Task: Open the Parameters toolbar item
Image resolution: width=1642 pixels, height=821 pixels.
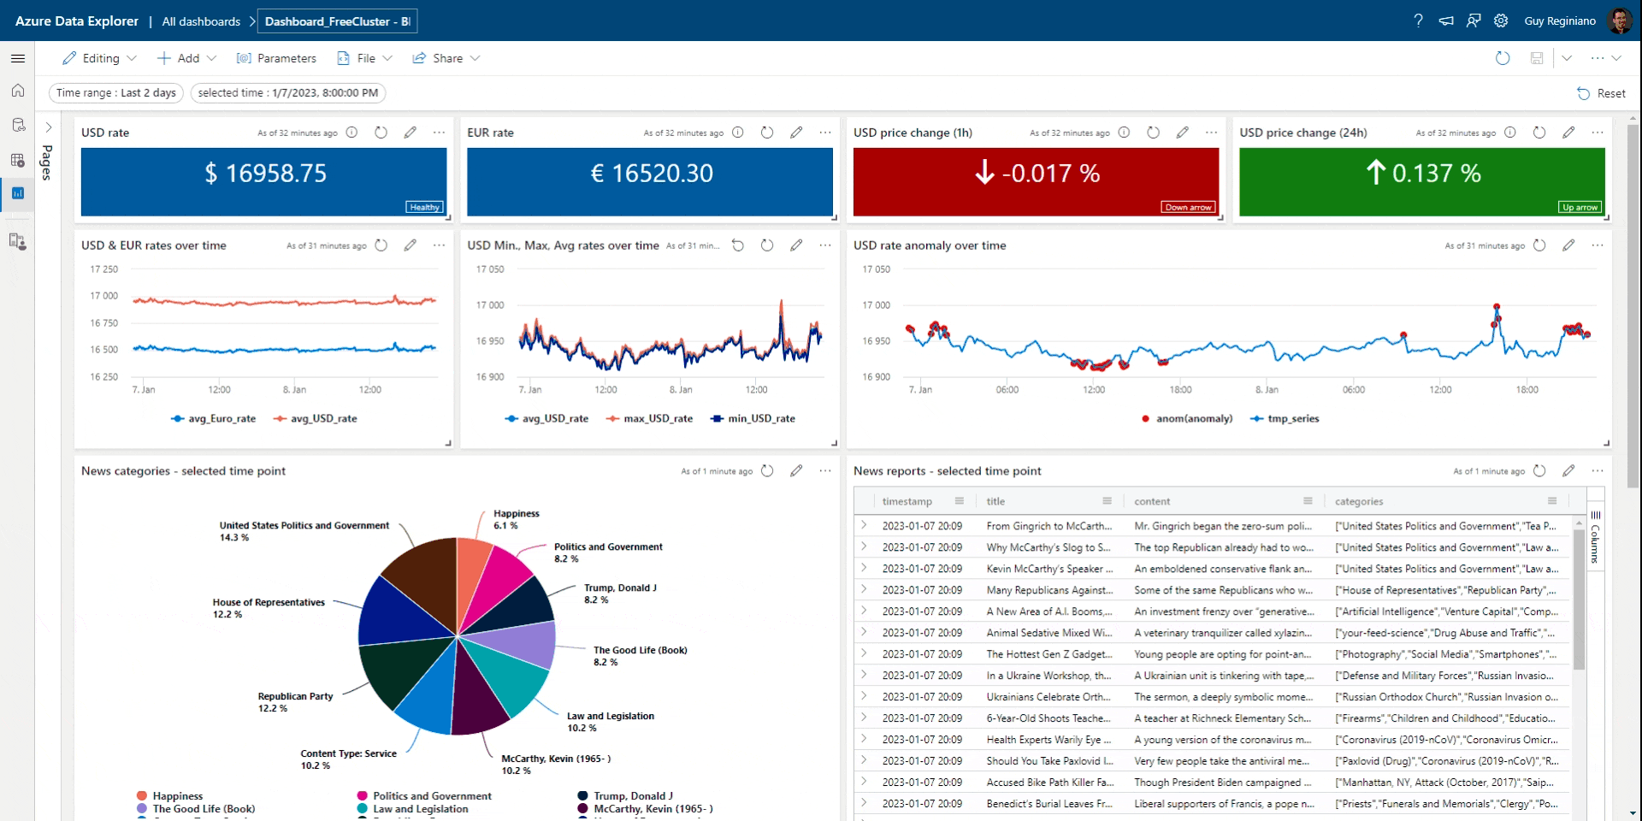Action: pyautogui.click(x=276, y=58)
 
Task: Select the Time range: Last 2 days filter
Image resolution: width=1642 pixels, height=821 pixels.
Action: pyautogui.click(x=116, y=92)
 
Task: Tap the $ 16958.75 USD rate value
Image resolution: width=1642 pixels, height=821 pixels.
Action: pyautogui.click(x=265, y=174)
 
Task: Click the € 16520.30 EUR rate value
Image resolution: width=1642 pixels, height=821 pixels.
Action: pyautogui.click(x=651, y=174)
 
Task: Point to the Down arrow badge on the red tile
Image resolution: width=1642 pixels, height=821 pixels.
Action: pyautogui.click(x=1188, y=207)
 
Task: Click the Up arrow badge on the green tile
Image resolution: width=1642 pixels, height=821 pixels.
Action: pyautogui.click(x=1579, y=207)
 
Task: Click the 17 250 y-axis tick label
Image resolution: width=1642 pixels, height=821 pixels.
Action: pyautogui.click(x=104, y=269)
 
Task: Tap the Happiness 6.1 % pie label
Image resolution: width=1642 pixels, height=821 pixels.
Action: pyautogui.click(x=516, y=519)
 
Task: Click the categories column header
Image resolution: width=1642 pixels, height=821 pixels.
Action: pyautogui.click(x=1359, y=501)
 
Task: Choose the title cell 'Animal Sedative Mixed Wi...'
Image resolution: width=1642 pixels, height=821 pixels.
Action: pyautogui.click(x=1048, y=633)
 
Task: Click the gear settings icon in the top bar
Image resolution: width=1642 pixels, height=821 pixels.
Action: pyautogui.click(x=1501, y=21)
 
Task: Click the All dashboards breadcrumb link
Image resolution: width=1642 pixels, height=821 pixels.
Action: pyautogui.click(x=201, y=21)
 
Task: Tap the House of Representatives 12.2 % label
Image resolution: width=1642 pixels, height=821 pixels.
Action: pyautogui.click(x=269, y=608)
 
